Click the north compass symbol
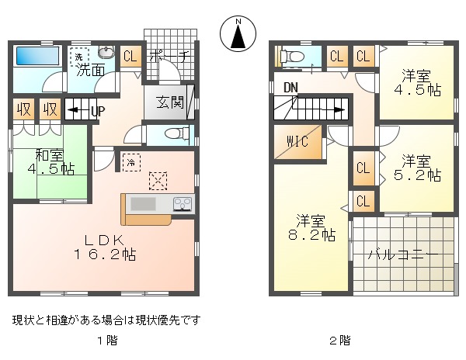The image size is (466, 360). [x=238, y=33]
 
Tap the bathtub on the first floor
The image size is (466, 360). [x=37, y=56]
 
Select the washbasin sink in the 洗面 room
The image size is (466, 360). [x=106, y=53]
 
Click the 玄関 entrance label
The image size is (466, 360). [x=170, y=102]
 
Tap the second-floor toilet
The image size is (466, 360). [x=292, y=57]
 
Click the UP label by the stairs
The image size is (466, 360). [x=98, y=111]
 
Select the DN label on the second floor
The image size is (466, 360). [x=290, y=88]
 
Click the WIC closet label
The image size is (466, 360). [x=297, y=141]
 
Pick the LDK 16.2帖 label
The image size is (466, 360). [x=105, y=247]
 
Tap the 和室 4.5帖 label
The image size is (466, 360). [x=50, y=161]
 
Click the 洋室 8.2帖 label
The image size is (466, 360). [x=311, y=227]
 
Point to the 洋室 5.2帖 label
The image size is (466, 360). [x=417, y=168]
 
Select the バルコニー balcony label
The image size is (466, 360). [x=403, y=255]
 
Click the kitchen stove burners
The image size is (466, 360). [x=183, y=204]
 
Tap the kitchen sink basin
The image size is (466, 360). [x=143, y=204]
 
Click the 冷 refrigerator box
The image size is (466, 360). [x=131, y=162]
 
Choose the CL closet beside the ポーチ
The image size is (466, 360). [x=130, y=56]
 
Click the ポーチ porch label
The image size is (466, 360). [x=169, y=56]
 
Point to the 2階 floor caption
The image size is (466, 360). [x=340, y=341]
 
